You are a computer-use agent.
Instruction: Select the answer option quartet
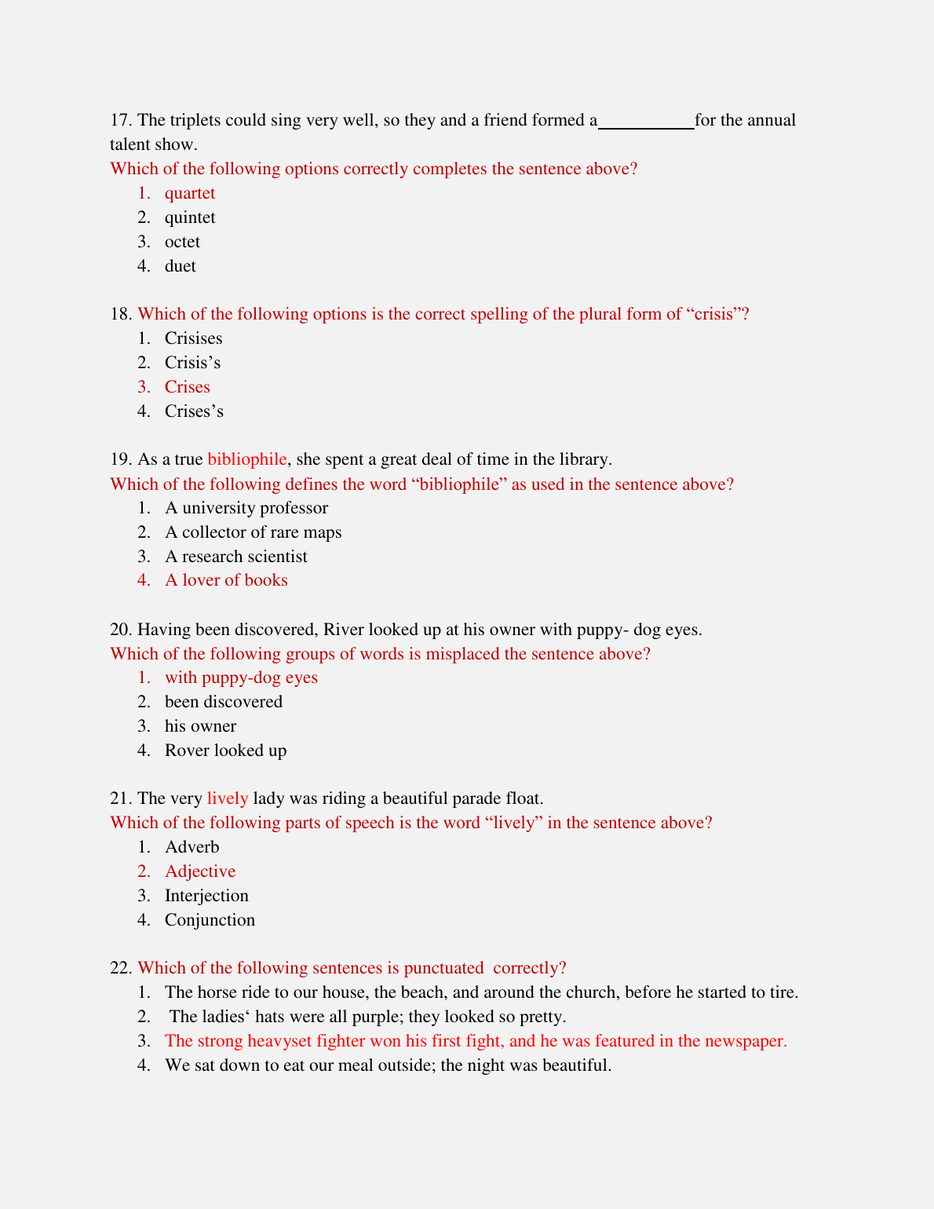click(x=189, y=193)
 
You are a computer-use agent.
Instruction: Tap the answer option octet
click(x=182, y=242)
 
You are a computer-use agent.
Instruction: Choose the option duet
click(x=180, y=266)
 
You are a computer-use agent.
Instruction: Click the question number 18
click(x=121, y=314)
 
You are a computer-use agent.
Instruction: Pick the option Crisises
click(x=193, y=338)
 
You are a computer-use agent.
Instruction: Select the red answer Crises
click(x=187, y=387)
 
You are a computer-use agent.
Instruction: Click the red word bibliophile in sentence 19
click(x=246, y=459)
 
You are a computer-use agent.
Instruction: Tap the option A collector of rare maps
click(x=253, y=532)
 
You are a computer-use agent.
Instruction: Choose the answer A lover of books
click(x=226, y=580)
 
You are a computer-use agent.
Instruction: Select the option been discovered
click(x=223, y=702)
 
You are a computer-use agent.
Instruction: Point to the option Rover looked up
click(x=225, y=751)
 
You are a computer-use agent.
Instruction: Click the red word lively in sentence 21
click(x=227, y=798)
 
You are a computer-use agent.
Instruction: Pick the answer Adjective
click(x=199, y=871)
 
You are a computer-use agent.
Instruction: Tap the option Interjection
click(x=206, y=896)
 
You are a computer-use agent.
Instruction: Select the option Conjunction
click(x=210, y=920)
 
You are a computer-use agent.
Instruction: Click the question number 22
click(x=121, y=968)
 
